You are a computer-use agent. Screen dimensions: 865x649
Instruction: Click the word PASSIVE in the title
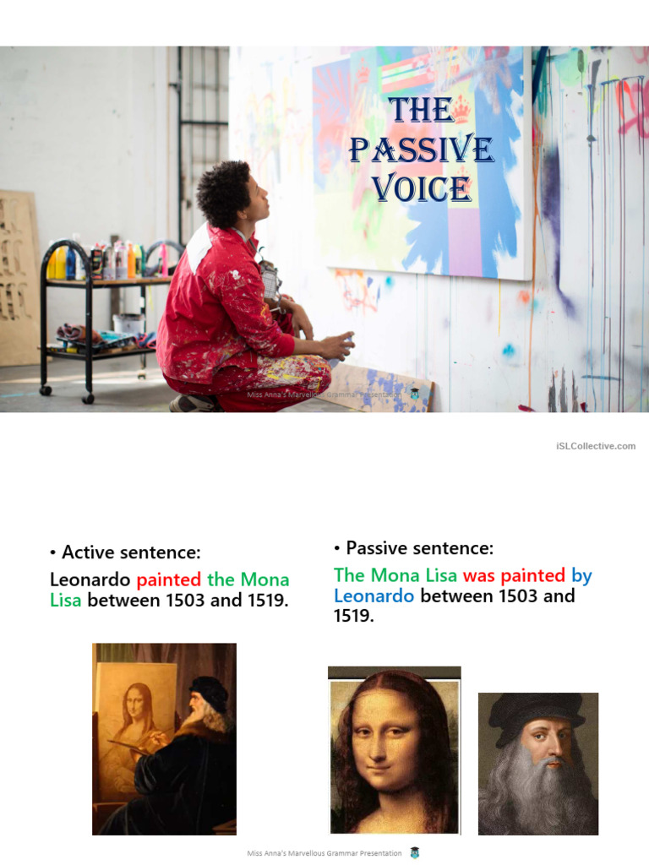[421, 150]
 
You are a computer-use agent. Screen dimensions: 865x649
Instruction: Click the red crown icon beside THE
[461, 108]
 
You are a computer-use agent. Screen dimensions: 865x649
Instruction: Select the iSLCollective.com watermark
[596, 446]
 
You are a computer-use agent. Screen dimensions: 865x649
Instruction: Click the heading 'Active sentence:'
[131, 552]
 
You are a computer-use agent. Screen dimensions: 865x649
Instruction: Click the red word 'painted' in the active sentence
[169, 579]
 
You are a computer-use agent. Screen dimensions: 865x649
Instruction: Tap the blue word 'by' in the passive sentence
[581, 575]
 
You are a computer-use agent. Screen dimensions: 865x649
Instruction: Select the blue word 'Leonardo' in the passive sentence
[374, 596]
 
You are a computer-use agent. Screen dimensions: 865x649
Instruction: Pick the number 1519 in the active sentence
[265, 601]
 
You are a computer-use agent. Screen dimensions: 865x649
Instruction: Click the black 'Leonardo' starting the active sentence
[90, 579]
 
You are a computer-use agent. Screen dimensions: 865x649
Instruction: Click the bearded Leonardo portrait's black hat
[537, 708]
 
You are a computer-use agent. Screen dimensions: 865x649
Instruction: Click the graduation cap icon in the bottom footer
[414, 853]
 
